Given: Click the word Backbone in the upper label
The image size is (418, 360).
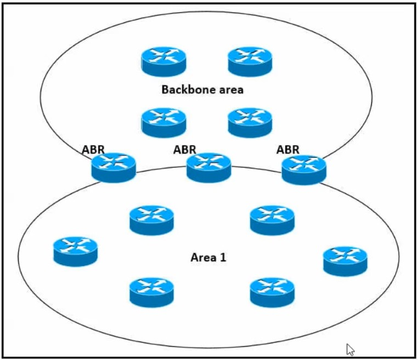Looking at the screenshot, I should pos(185,89).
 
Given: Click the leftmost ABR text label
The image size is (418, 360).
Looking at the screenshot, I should pos(93,150).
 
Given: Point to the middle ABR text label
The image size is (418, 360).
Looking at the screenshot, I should pos(184,149).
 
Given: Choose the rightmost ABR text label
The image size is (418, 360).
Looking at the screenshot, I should pos(288,149).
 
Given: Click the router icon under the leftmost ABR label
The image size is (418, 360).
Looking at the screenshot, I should pos(114,167).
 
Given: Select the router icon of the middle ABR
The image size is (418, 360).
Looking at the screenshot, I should pos(208,167).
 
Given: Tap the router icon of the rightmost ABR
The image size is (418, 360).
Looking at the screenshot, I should pos(304,169).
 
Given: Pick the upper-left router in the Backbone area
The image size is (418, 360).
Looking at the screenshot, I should pos(163,61).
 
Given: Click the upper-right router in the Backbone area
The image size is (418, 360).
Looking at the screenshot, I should pos(250,61).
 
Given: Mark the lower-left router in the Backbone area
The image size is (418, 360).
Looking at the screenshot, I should pos(163,122).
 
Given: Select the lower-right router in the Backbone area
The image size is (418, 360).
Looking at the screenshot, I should pos(250,122).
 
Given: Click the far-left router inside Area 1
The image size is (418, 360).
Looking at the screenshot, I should pos(76,251).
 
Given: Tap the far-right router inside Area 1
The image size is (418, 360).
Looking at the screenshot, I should pos(345,261).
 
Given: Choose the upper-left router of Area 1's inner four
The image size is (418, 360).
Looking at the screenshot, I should pos(151,220).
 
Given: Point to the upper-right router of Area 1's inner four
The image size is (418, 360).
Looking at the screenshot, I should pos(272,220).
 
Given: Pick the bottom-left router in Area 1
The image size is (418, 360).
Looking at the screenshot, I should pos(151,292).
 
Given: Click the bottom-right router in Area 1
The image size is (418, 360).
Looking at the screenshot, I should pos(272,292).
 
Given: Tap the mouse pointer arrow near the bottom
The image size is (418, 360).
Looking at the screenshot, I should pos(350,348).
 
